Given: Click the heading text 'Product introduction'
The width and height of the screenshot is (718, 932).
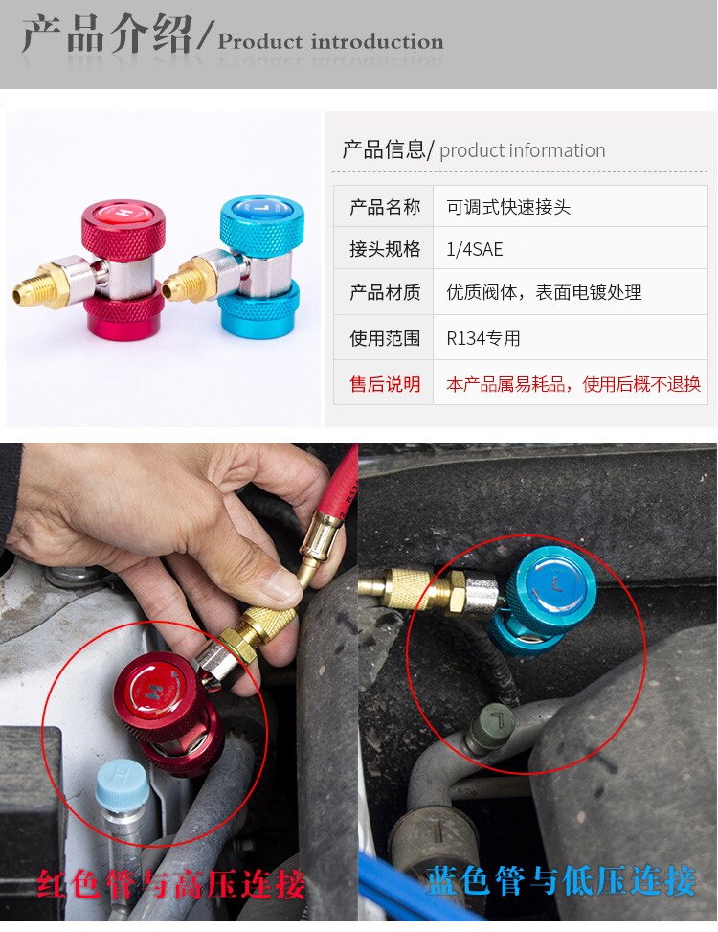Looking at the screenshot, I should [330, 42].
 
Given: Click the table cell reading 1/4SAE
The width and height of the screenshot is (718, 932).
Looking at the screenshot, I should [474, 249].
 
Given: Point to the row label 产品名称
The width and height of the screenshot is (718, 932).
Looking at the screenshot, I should [385, 207].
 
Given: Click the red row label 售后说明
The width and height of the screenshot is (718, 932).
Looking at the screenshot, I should [385, 384].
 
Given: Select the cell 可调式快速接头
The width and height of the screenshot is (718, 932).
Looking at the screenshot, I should [508, 207].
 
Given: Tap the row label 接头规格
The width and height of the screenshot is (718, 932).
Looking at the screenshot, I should [385, 249].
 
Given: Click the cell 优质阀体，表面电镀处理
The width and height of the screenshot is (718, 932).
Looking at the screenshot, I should [544, 293].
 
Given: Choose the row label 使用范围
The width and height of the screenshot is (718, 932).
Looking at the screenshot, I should [385, 338].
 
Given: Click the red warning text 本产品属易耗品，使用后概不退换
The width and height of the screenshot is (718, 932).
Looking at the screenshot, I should [573, 384].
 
